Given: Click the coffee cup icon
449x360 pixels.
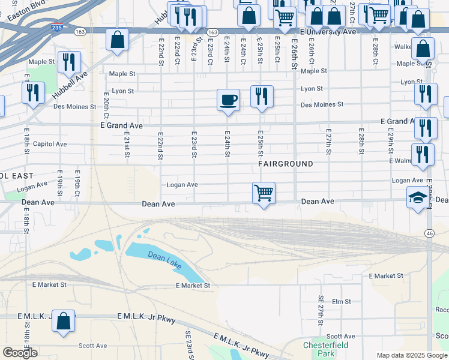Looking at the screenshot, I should coord(228,99).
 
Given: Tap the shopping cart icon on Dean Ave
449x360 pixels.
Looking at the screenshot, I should coord(264,193).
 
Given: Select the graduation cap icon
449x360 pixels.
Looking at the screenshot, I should coord(417,197).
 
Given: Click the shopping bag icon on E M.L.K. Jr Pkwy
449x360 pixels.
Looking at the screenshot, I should coord(63,321).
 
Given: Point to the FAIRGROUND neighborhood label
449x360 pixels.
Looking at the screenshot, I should coord(286,164).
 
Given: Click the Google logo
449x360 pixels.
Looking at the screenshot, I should coord(20,353).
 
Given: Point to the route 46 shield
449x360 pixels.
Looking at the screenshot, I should coord(429,233).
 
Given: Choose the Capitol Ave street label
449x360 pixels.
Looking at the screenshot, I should coord(53,144).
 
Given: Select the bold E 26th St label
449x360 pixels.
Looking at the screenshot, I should coord(294,55).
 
